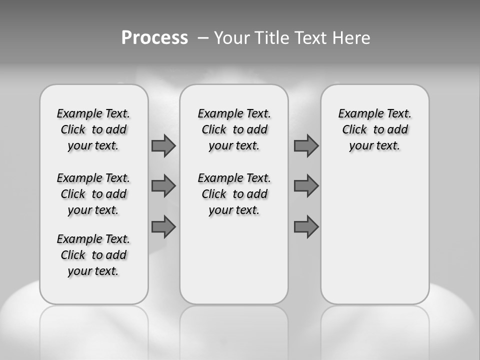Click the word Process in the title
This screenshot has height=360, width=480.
(154, 37)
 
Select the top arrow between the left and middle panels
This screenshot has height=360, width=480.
(163, 145)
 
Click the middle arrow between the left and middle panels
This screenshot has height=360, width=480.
(163, 186)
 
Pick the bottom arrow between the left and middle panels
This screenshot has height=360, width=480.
(163, 226)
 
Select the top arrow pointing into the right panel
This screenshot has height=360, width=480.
(306, 145)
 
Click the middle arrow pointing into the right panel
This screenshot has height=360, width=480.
(306, 186)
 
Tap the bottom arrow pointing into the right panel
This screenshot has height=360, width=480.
(306, 226)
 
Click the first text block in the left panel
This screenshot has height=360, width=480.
(93, 129)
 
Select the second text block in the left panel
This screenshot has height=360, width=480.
(93, 194)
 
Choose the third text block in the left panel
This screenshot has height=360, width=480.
(93, 255)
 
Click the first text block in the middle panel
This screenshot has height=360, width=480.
(234, 129)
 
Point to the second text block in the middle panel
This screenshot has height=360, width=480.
(234, 194)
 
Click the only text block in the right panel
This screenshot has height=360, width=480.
(374, 129)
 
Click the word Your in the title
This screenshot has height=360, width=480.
(231, 38)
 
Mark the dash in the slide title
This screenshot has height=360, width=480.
(203, 38)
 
